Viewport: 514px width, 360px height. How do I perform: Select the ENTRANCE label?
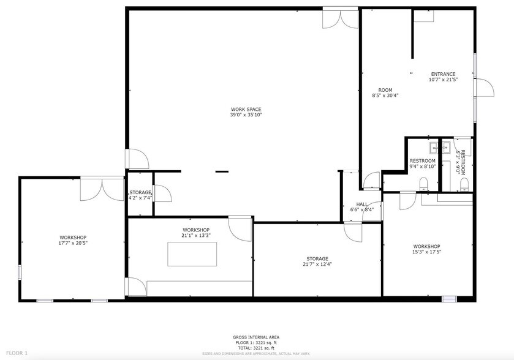[x=443, y=75]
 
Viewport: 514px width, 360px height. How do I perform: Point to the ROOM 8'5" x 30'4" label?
[x=385, y=92]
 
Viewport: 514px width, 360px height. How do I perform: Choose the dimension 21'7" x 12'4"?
[x=315, y=264]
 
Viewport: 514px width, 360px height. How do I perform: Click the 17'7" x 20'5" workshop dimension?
[x=73, y=243]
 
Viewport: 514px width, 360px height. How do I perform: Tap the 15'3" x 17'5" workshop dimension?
[x=427, y=252]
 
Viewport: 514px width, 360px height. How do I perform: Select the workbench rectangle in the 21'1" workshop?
[x=193, y=253]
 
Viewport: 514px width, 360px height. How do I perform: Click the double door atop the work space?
[x=341, y=18]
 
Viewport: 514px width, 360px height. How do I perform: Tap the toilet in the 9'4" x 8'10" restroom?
[x=423, y=182]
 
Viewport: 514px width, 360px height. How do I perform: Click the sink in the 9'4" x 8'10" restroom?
[x=434, y=147]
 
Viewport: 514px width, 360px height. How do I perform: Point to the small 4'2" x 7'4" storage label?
[x=140, y=195]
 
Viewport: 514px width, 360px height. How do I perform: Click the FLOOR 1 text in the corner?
[x=18, y=353]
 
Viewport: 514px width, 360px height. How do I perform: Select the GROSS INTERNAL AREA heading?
[x=256, y=337]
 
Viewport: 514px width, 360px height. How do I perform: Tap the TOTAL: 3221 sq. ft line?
[x=256, y=347]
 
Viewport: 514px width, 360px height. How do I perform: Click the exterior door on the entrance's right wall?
[x=483, y=88]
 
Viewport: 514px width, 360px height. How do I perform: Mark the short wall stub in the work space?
[x=222, y=171]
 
